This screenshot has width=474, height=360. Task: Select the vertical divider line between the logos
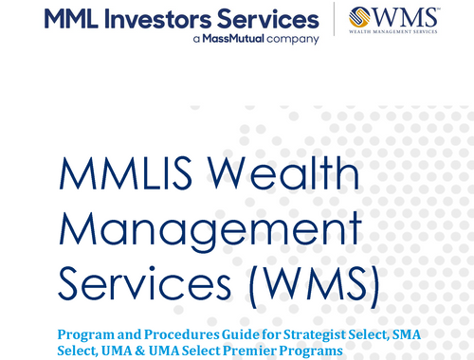334,21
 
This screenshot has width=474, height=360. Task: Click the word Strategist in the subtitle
303,334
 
